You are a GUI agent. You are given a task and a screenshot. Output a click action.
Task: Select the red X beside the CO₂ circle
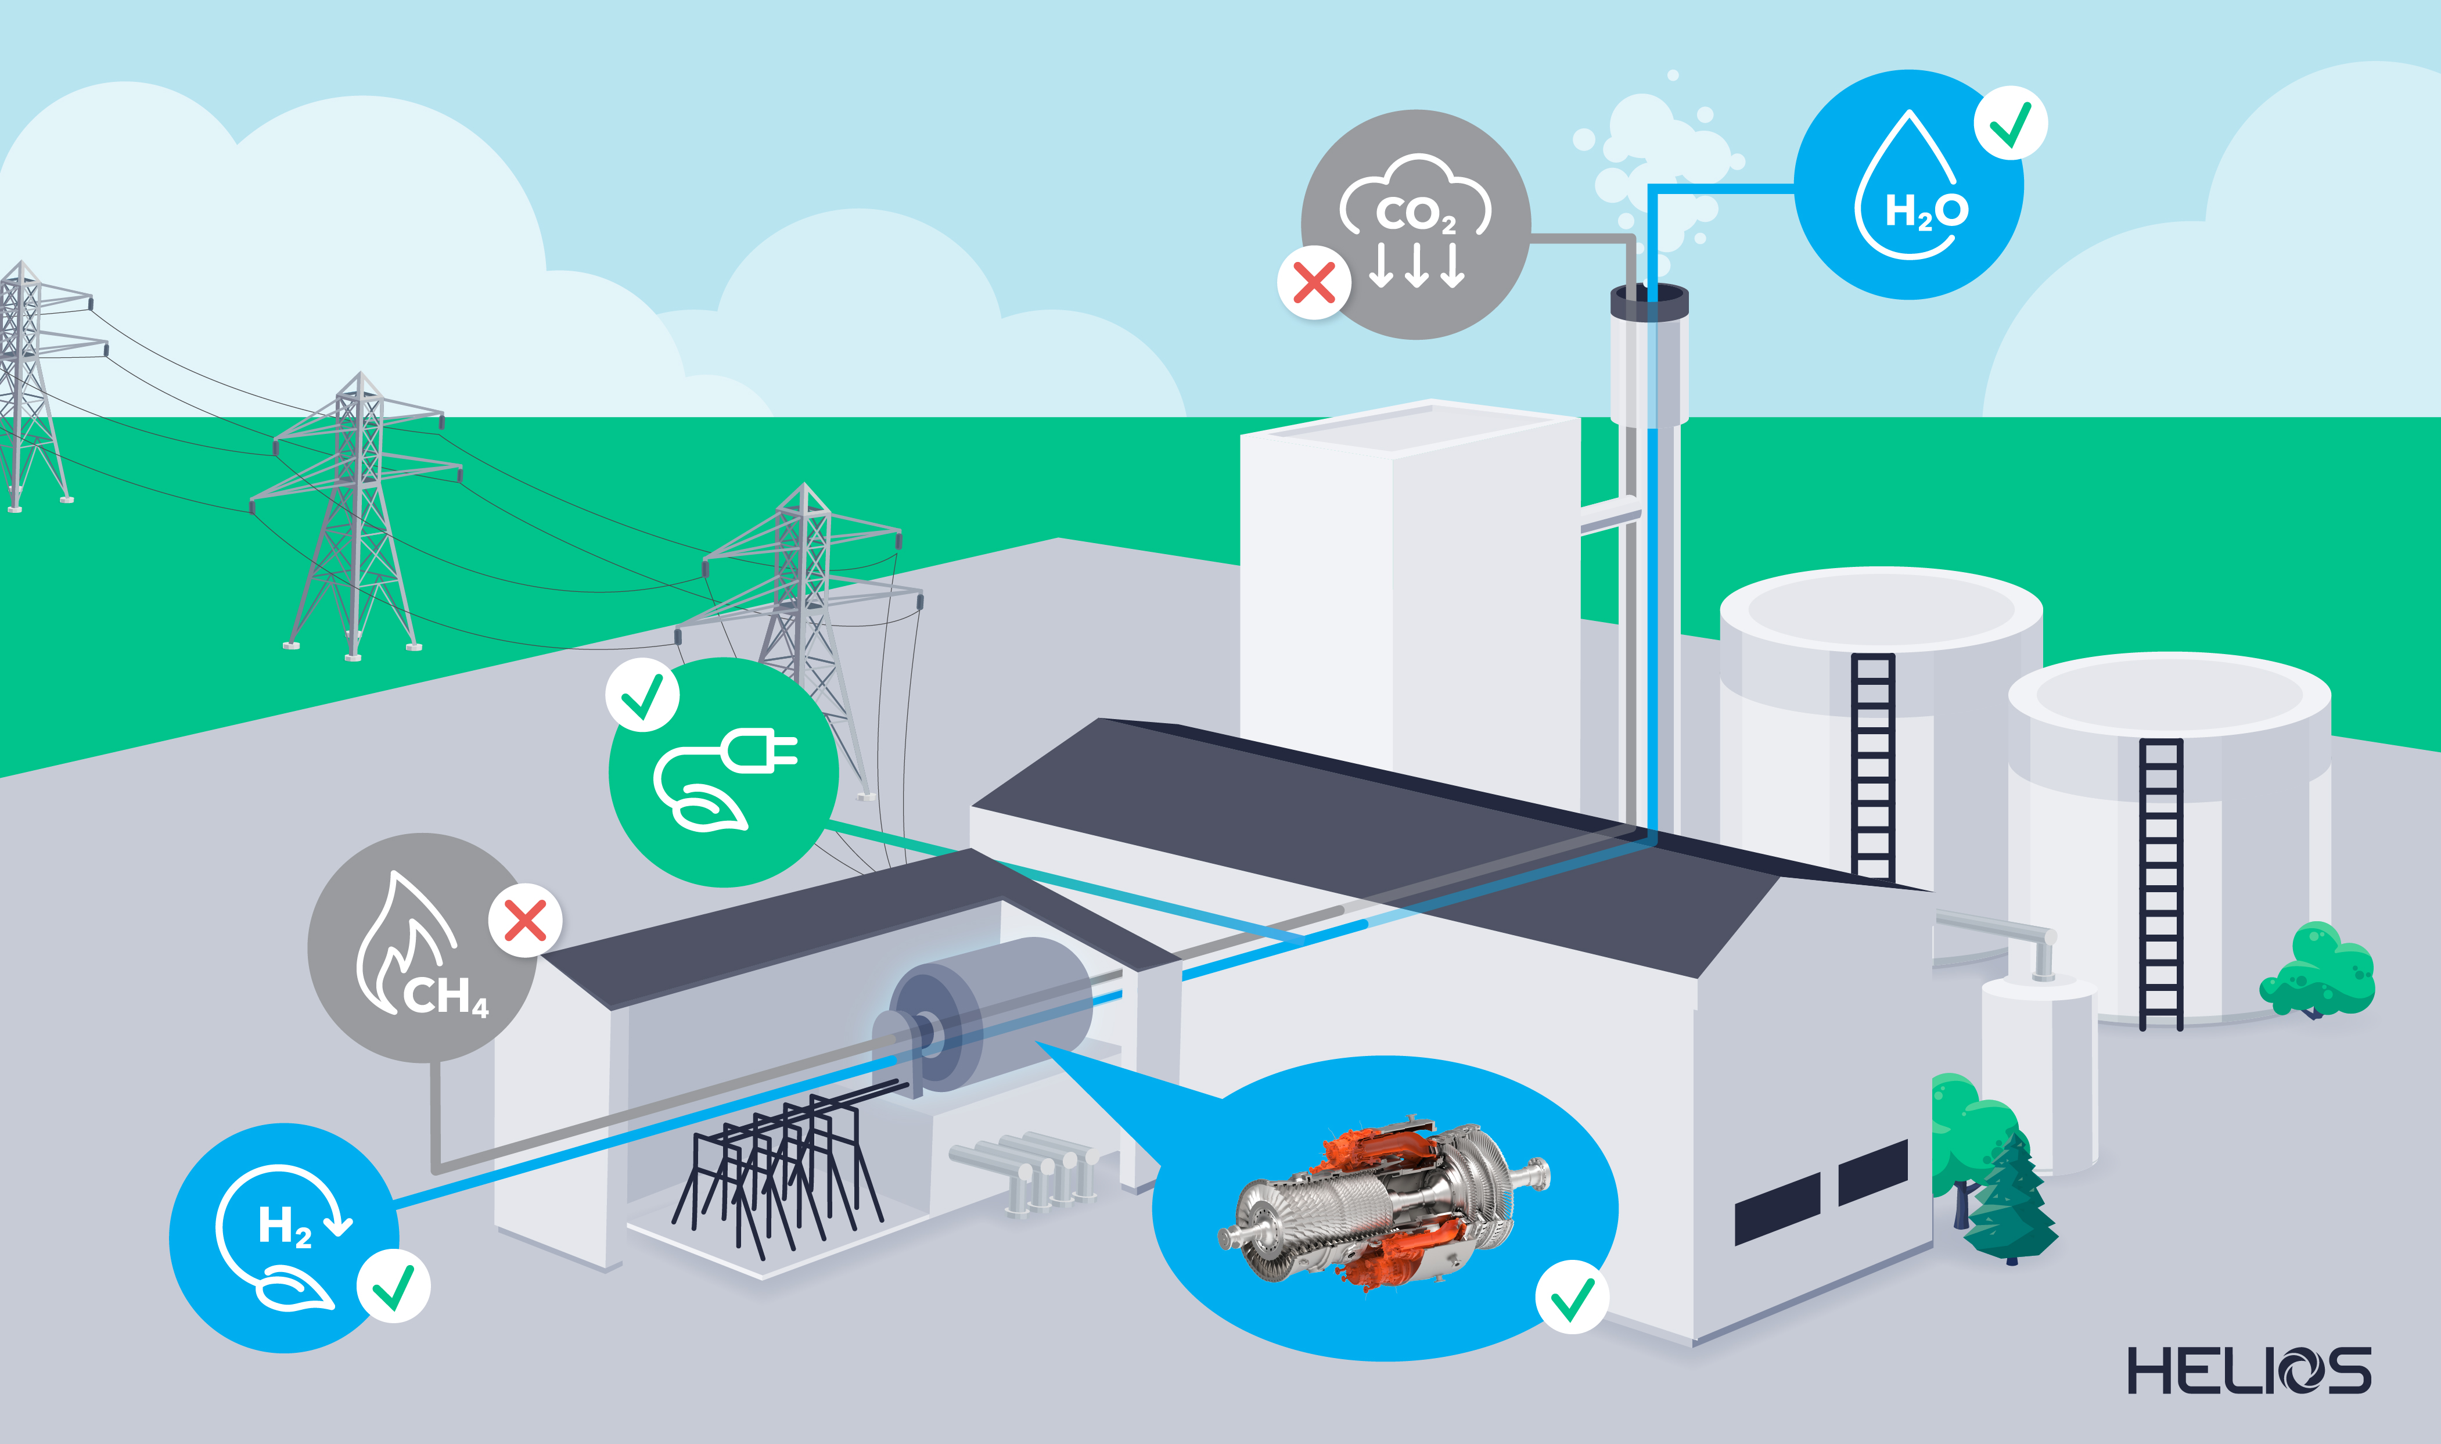tap(1313, 283)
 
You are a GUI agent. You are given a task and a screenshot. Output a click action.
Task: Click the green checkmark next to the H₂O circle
tap(2010, 124)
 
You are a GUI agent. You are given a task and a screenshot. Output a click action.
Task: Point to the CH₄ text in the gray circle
tap(445, 996)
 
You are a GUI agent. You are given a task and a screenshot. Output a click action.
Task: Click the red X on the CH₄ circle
tap(526, 921)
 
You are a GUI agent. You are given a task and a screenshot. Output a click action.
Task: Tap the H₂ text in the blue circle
tap(284, 1227)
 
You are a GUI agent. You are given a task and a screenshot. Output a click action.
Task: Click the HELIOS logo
tap(2248, 1370)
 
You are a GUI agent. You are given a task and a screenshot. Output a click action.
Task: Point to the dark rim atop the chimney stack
tap(1649, 301)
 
